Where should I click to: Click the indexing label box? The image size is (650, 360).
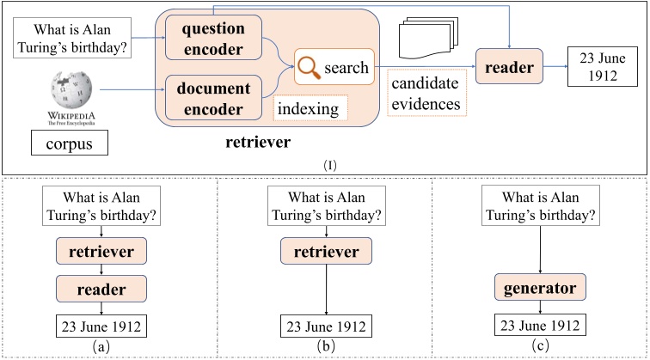310,108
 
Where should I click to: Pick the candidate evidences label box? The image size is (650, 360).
427,95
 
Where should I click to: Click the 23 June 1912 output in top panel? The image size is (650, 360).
599,66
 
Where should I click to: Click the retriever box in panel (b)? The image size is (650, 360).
326,252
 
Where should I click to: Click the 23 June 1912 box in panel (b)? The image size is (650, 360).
326,326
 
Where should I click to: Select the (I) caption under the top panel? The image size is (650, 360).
324,164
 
